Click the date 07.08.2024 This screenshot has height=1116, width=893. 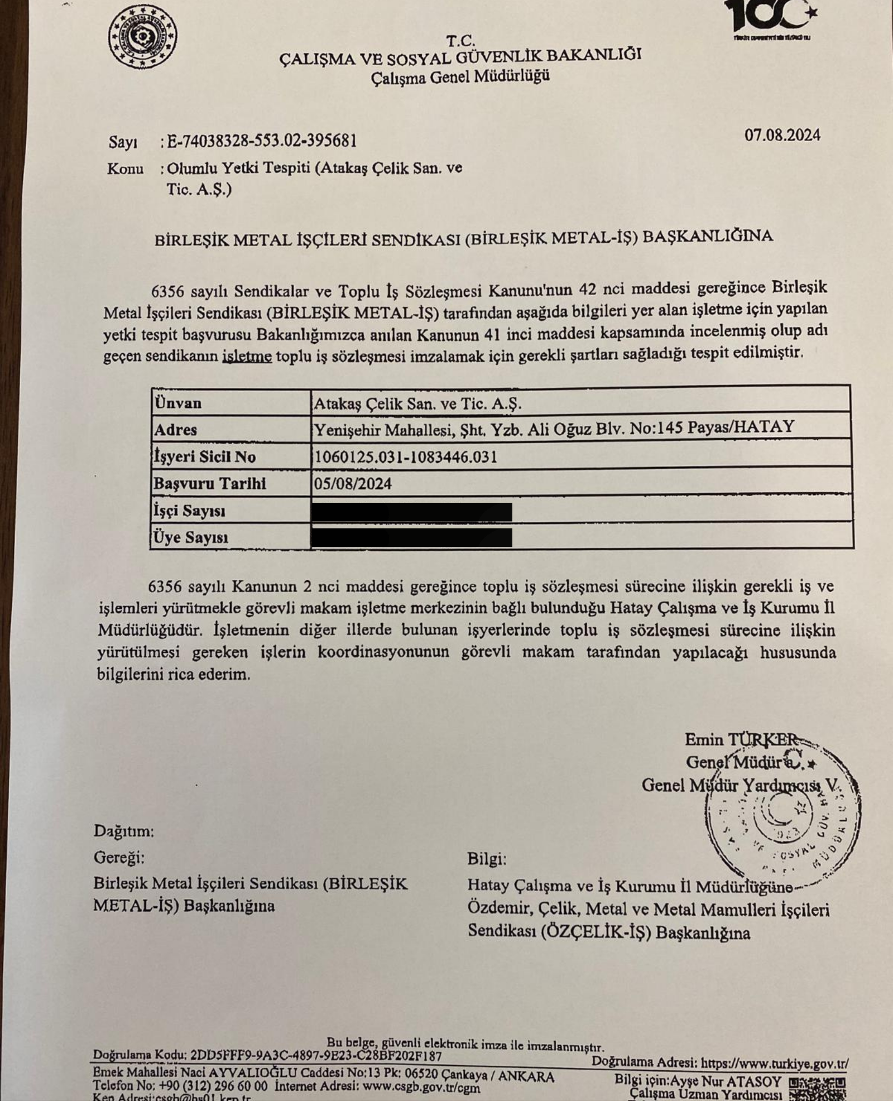[x=782, y=136]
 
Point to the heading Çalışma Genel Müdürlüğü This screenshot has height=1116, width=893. [x=460, y=76]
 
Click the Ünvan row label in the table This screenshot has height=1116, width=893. [x=178, y=403]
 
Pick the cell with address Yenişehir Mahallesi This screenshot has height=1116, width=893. [x=554, y=428]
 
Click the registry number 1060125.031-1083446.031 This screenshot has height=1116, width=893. [x=405, y=457]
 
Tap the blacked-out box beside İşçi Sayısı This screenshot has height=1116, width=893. [x=412, y=511]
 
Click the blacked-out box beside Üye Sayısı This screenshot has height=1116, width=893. [x=412, y=537]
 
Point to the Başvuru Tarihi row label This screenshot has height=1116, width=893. [x=210, y=483]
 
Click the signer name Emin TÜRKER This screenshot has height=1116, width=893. [x=742, y=739]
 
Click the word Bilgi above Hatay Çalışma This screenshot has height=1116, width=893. [x=486, y=859]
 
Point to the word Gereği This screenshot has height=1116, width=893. [x=119, y=857]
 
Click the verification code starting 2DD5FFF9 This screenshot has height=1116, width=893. [x=316, y=1056]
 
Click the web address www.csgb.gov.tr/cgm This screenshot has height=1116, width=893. [x=421, y=1086]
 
